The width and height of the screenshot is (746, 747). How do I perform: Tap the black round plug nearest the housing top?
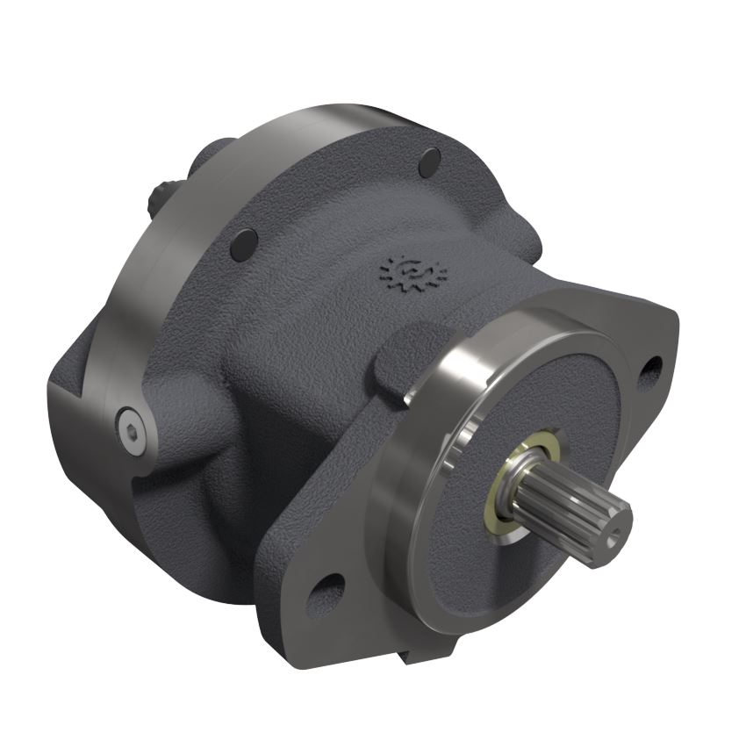[x=429, y=162]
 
